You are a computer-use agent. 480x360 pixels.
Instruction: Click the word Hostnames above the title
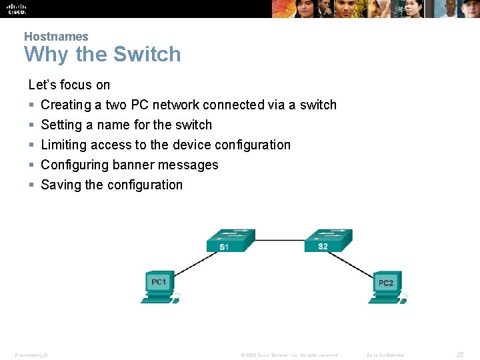56,37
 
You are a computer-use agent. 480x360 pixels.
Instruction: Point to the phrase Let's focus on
69,85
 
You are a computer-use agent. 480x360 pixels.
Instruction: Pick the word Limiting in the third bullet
64,145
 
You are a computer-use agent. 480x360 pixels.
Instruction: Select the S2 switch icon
327,239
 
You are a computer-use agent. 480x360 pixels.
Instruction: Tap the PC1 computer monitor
158,282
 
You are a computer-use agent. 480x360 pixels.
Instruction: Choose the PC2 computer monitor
385,283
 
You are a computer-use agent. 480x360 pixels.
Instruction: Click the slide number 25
459,354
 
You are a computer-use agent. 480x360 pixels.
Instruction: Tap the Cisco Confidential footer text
385,355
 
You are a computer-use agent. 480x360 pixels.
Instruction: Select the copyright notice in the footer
289,355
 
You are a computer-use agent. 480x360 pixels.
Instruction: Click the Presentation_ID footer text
31,355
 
